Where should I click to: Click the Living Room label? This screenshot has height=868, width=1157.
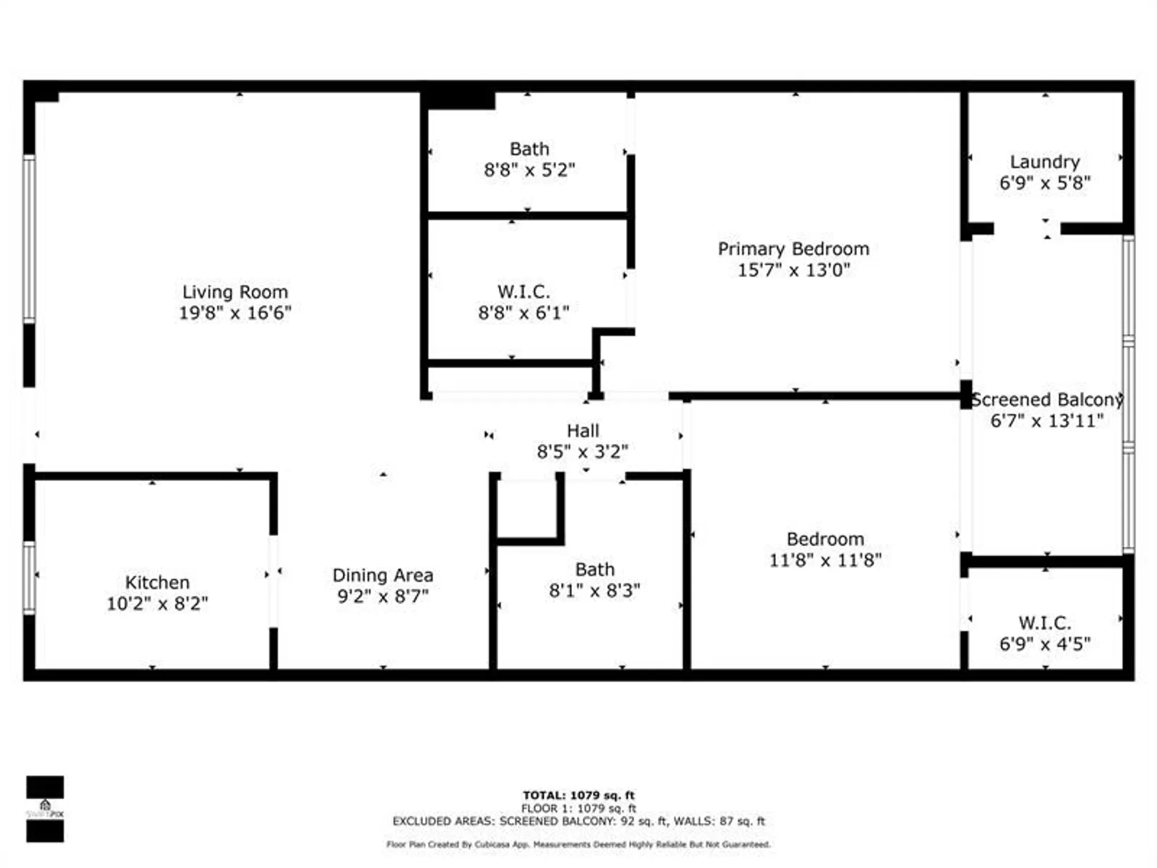click(x=235, y=292)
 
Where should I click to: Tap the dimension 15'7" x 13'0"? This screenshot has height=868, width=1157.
click(x=793, y=270)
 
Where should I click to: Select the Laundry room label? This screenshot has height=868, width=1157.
click(x=1045, y=162)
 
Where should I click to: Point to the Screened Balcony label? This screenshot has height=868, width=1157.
click(x=1047, y=400)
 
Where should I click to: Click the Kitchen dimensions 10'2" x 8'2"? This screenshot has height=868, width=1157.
click(x=157, y=604)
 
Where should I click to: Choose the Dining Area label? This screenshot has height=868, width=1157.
click(x=382, y=575)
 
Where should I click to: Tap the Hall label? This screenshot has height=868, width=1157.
click(x=583, y=431)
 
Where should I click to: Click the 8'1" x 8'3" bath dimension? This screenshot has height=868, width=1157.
click(x=594, y=591)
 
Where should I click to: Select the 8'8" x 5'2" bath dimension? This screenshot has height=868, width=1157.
click(x=529, y=170)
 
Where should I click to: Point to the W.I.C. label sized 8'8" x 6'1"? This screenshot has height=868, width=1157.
click(x=524, y=292)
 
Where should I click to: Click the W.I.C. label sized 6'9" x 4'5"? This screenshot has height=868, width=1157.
click(x=1045, y=623)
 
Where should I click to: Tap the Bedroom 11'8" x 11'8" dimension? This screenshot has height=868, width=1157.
click(x=825, y=560)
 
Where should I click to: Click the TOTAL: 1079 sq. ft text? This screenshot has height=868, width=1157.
click(x=578, y=795)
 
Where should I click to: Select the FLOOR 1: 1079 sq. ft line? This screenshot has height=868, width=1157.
click(x=578, y=808)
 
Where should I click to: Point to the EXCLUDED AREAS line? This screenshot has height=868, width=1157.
click(x=578, y=821)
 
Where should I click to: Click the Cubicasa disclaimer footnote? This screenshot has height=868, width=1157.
click(x=578, y=845)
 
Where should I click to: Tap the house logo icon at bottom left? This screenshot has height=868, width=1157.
click(x=45, y=806)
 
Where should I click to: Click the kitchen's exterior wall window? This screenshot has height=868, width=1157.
click(x=29, y=578)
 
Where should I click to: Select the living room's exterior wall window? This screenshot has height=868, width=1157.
click(x=29, y=238)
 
